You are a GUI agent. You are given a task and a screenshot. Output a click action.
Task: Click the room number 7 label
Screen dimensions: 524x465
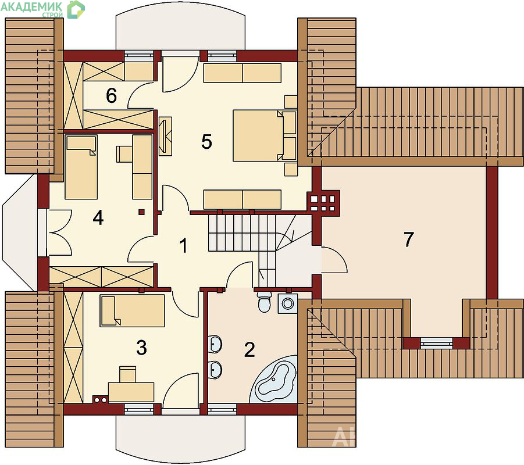tap(408, 239)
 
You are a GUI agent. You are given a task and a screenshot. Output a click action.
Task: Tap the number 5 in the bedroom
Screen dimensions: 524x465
tap(206, 141)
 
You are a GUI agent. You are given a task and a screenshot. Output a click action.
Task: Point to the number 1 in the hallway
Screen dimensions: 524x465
tap(183, 246)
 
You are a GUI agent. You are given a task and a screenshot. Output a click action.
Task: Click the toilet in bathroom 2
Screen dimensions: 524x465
tap(265, 301)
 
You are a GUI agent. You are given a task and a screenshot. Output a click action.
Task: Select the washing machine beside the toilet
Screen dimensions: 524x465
tap(287, 303)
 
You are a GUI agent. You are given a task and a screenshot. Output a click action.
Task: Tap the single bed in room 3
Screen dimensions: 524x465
tap(133, 311)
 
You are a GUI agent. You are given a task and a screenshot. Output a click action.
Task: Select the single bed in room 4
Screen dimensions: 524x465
tap(81, 167)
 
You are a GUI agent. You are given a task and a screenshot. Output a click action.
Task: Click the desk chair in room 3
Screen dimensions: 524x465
tap(128, 374)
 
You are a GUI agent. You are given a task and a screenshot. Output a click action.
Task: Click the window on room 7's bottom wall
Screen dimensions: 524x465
tap(436, 343)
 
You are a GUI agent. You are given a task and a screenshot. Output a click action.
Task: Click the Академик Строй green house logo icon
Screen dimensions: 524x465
tap(76, 9)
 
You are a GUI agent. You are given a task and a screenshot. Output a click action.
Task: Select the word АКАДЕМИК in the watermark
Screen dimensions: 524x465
tap(32, 6)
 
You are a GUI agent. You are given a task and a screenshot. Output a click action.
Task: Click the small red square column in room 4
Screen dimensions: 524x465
tap(142, 212)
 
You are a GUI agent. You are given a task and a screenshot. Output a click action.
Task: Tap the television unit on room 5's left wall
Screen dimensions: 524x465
tap(165, 136)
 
